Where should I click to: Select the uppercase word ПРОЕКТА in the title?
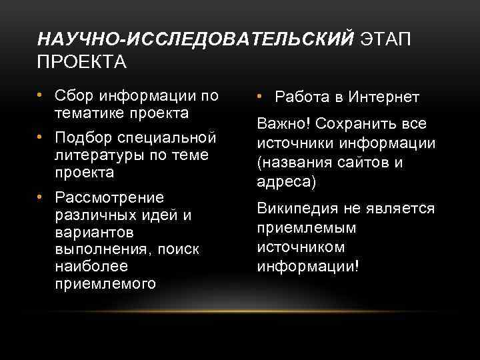pyautogui.click(x=82, y=63)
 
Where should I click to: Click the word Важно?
pyautogui.click(x=284, y=125)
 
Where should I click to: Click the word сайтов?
pyautogui.click(x=367, y=163)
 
